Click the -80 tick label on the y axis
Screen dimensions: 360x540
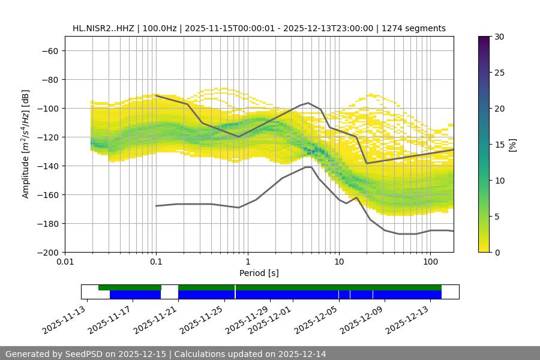(49, 80)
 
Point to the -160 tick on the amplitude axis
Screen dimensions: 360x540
(49, 195)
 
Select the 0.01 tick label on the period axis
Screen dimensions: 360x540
(65, 262)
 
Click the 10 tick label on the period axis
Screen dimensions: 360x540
(338, 262)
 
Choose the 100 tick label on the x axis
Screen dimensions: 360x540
(430, 262)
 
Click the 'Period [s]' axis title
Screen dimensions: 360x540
(259, 273)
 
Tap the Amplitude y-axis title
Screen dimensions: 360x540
(26, 144)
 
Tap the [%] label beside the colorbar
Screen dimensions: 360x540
(512, 145)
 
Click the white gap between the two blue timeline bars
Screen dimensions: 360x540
(169, 295)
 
